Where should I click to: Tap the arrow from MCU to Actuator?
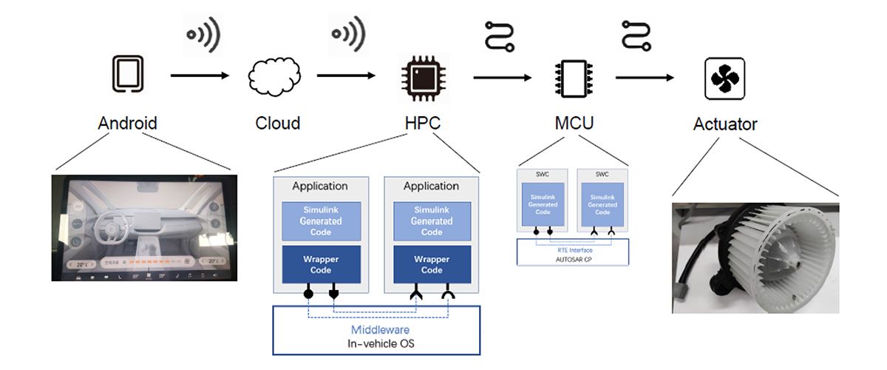[x=645, y=77]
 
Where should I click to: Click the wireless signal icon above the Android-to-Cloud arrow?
[x=202, y=34]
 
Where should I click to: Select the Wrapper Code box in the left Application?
[x=321, y=264]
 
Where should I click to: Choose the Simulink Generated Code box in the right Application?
[x=432, y=221]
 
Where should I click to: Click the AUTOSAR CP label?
[x=573, y=260]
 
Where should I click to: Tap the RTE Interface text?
[x=574, y=249]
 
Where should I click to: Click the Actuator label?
[x=724, y=124]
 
